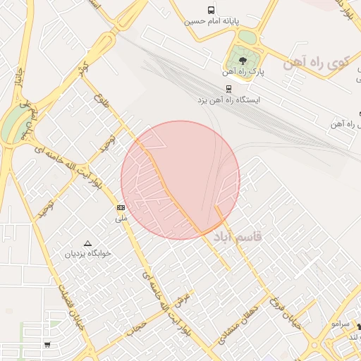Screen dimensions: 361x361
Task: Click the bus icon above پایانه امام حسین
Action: pos(211,10)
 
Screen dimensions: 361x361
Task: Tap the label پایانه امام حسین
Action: pos(209,21)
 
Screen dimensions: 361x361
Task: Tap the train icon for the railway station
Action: pos(228,89)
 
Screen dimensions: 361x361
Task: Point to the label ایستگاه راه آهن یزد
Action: pos(229,100)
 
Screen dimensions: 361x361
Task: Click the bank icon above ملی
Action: pos(121,207)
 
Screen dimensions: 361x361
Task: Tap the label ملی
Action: pos(121,219)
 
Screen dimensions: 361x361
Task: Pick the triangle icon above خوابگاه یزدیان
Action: pos(88,243)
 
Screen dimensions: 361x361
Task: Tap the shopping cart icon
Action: pos(47,345)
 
